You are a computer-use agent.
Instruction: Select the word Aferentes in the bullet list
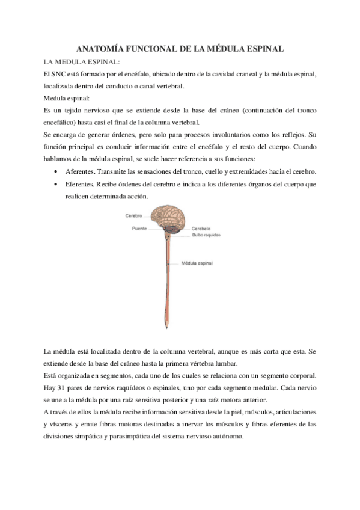(79, 171)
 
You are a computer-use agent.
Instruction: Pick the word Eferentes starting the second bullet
(79, 184)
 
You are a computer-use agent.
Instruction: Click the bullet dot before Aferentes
(55, 171)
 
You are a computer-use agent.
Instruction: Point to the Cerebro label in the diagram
(134, 215)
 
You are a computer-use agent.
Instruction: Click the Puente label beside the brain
(139, 229)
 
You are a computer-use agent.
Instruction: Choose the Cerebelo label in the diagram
(201, 229)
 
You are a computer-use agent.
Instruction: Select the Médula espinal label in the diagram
(197, 263)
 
